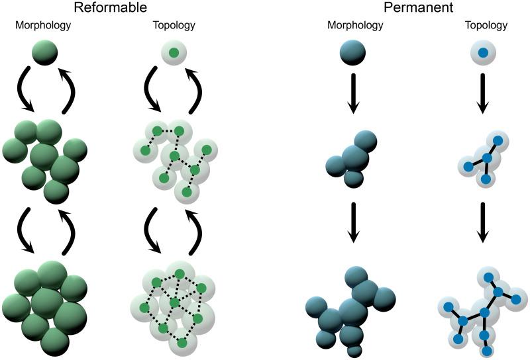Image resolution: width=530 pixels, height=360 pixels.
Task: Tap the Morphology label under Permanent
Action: point(355,26)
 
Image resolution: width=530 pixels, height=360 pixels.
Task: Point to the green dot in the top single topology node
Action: point(174,52)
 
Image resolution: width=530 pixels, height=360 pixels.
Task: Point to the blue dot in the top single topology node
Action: point(485,52)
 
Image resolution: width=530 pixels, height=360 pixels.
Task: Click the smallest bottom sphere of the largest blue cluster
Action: point(355,348)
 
